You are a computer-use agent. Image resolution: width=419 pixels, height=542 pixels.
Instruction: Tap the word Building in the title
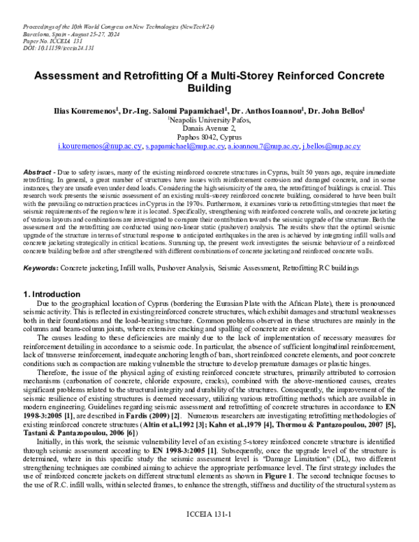[x=209, y=89]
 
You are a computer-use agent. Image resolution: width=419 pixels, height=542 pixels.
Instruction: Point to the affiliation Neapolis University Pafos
[x=209, y=120]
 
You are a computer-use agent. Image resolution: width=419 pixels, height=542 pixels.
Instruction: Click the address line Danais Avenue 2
[x=209, y=129]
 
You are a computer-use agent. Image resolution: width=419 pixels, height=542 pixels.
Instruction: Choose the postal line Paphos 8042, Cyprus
[x=209, y=138]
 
